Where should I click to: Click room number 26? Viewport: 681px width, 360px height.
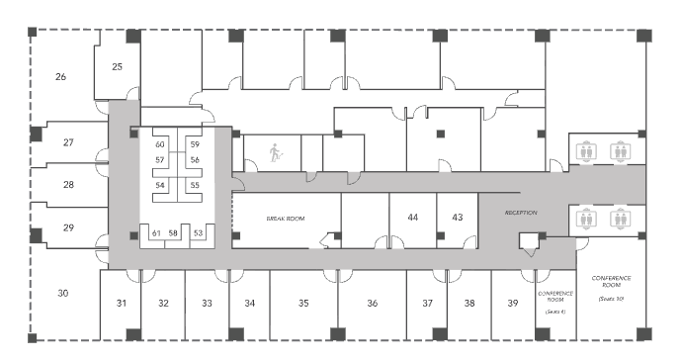point(60,76)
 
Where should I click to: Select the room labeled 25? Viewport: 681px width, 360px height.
point(117,67)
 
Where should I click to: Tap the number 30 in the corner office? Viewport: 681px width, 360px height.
point(62,294)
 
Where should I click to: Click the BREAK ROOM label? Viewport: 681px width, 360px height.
point(284,217)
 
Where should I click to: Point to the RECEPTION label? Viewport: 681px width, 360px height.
point(520,212)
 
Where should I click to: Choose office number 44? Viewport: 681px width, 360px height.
point(413,217)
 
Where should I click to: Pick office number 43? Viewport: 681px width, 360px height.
point(457,217)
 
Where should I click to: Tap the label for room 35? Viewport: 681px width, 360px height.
point(303,303)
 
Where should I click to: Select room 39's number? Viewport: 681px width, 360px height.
point(512,303)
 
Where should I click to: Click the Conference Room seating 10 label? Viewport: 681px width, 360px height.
point(611,287)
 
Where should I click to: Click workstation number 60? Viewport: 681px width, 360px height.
point(159,145)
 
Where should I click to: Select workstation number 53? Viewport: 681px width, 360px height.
point(198,233)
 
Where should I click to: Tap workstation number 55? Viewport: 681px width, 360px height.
point(195,185)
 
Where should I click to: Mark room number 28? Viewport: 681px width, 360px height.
point(68,185)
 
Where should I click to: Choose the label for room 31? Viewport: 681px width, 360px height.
point(122,303)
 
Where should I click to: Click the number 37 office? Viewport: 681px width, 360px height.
point(427,303)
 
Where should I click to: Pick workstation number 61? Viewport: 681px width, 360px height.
point(156,233)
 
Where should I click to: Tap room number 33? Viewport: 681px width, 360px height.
point(207,303)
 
